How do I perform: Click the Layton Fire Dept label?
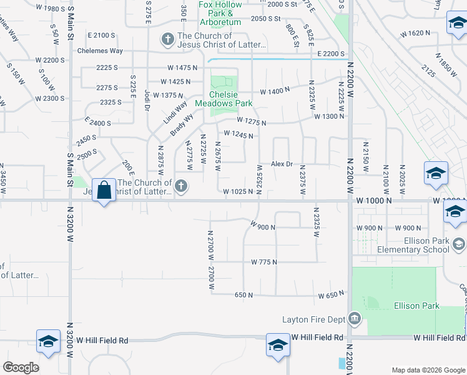313,319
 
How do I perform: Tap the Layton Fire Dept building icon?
355,319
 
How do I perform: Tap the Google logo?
21,367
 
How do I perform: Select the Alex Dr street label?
282,164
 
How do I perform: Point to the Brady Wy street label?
182,124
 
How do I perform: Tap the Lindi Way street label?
175,111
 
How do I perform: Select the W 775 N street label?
263,262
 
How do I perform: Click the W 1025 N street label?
238,192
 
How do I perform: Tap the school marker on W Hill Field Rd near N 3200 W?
48,341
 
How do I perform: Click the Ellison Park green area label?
416,306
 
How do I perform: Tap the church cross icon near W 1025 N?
181,185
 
